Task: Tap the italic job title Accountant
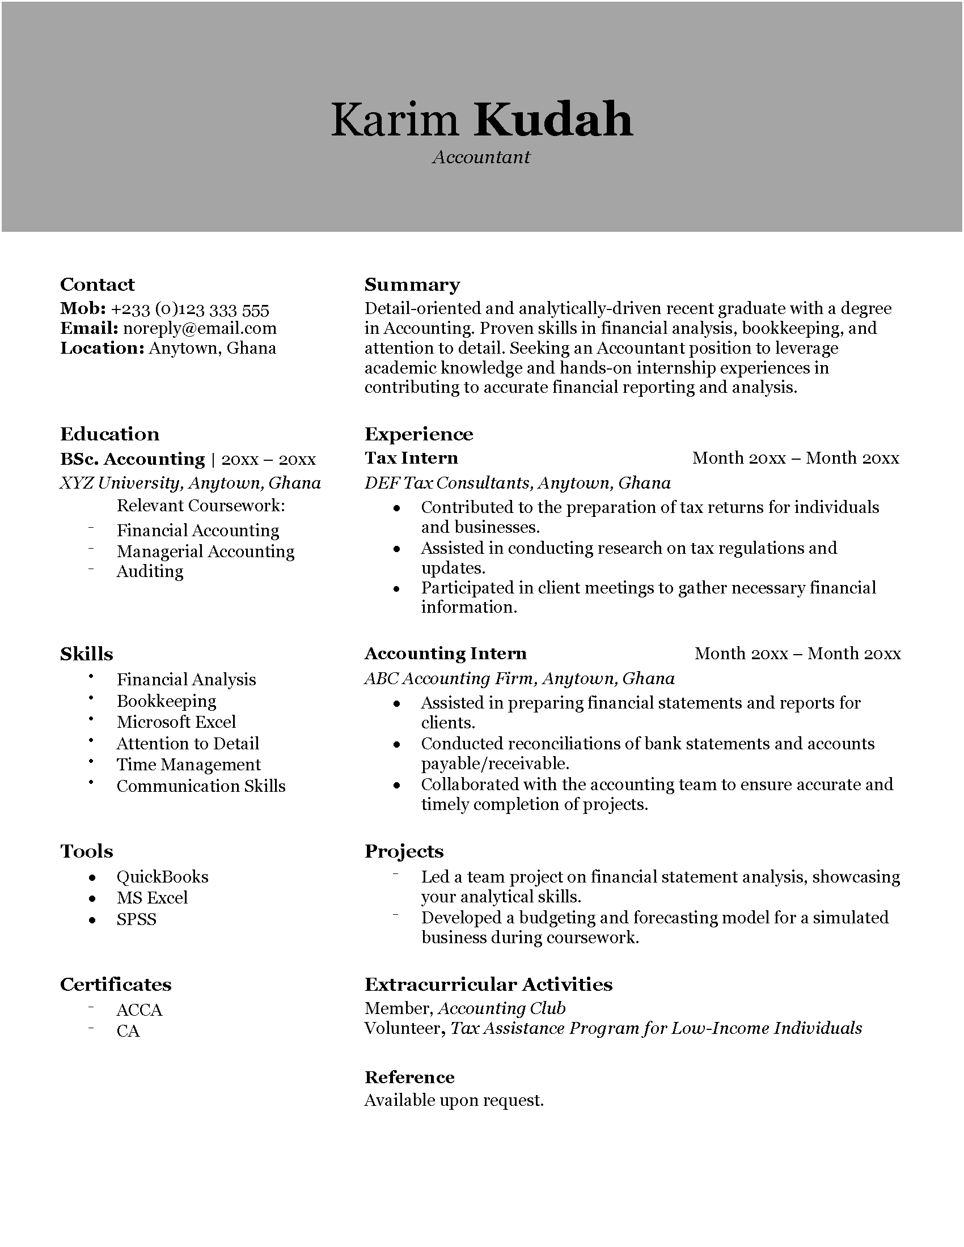(x=481, y=157)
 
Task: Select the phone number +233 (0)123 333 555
(x=189, y=310)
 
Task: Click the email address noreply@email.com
(x=200, y=328)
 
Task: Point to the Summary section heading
(x=412, y=285)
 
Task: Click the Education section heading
(x=109, y=434)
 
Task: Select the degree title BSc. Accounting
(x=133, y=459)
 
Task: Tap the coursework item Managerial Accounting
(x=206, y=551)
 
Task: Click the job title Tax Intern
(x=411, y=458)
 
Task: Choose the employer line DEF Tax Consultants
(x=517, y=483)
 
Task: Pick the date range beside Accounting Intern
(x=797, y=653)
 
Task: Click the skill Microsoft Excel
(x=176, y=722)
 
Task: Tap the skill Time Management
(x=188, y=765)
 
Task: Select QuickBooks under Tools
(x=162, y=877)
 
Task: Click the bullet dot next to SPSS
(x=92, y=921)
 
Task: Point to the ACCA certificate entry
(x=139, y=1010)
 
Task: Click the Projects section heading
(x=404, y=851)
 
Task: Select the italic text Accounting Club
(x=501, y=1008)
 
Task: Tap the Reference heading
(x=409, y=1078)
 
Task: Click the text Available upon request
(x=454, y=1100)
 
